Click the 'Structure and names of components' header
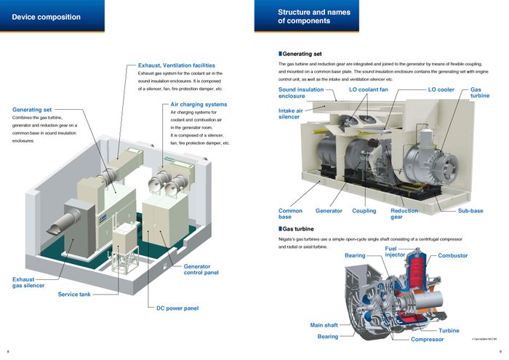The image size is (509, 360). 315,16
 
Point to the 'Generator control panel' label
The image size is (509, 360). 201,270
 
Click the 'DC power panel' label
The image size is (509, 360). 177,308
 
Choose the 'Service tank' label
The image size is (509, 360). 79,295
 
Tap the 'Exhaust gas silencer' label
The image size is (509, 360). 30,282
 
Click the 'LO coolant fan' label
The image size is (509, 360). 369,89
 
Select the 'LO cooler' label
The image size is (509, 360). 440,89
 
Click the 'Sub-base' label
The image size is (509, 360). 470,211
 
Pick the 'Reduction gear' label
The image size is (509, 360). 404,214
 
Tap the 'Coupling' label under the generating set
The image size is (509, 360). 364,211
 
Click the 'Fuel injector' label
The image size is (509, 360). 395,252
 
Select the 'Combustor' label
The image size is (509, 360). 452,256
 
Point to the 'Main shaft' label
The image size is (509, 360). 326,325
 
